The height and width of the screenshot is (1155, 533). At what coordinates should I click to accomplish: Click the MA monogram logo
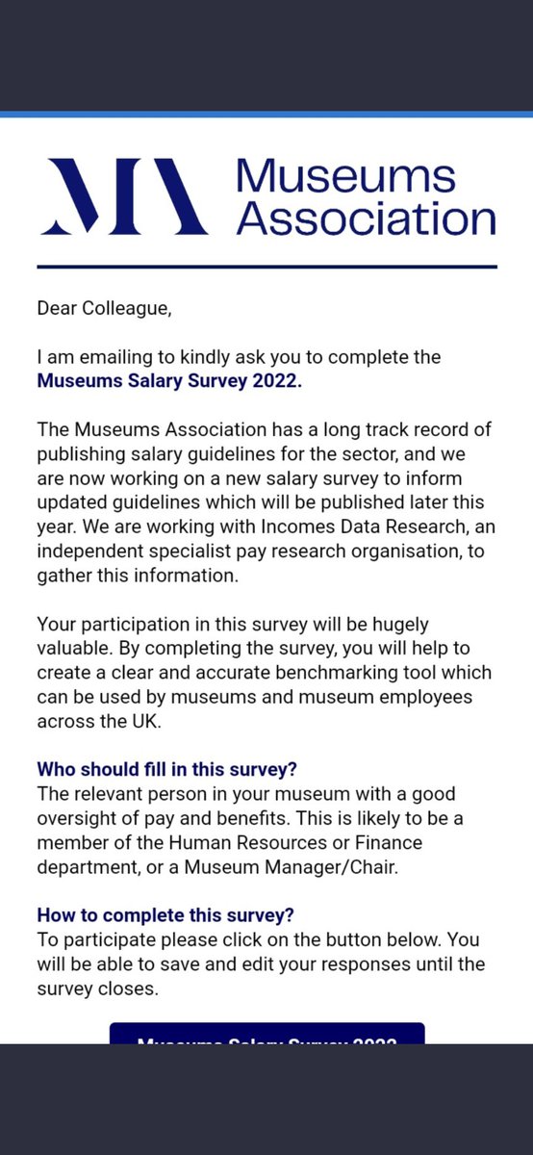coord(122,196)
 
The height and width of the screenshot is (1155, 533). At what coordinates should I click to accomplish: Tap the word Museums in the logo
coord(346,177)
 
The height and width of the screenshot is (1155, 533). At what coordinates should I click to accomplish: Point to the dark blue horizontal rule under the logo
coord(266,266)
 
